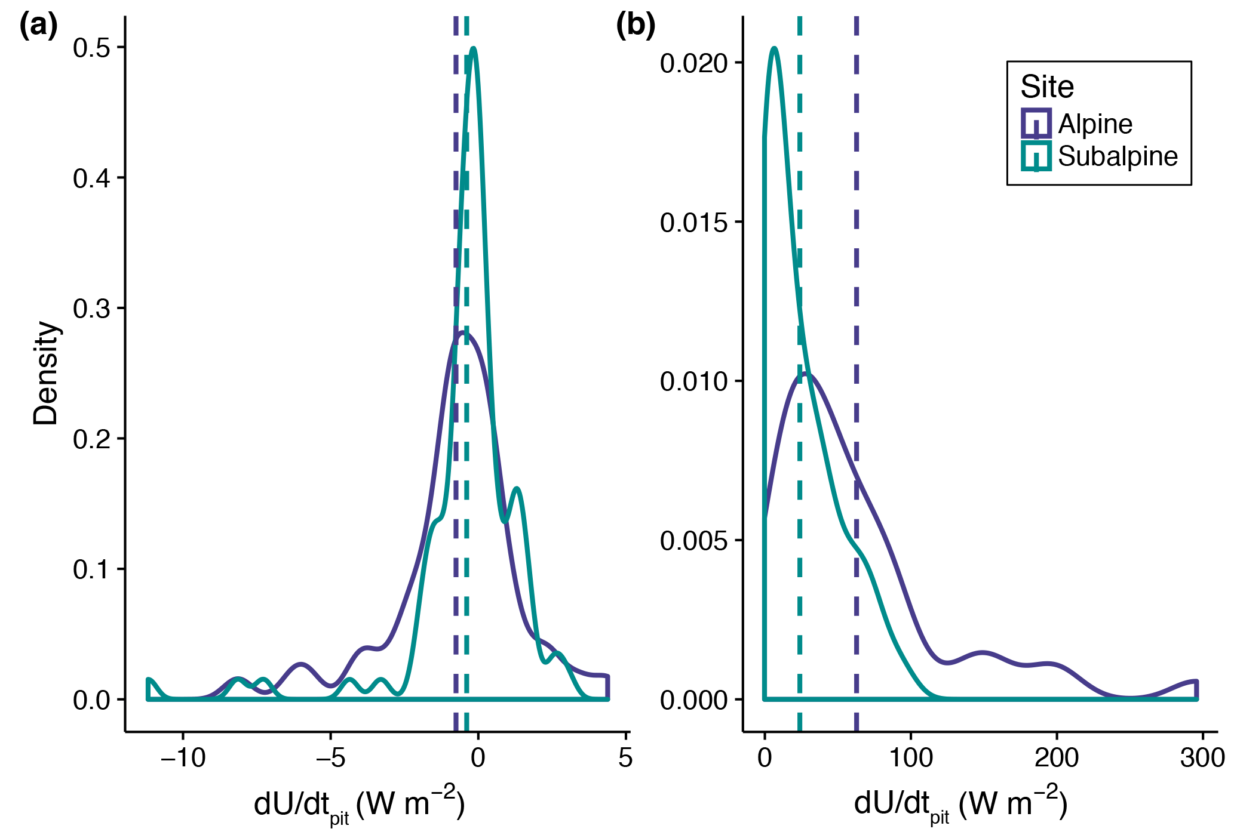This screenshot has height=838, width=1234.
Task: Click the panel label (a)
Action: [x=38, y=26]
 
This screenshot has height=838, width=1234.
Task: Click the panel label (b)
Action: [x=636, y=26]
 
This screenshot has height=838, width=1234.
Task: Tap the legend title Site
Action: [x=1047, y=87]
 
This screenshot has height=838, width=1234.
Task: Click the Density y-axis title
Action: [x=45, y=373]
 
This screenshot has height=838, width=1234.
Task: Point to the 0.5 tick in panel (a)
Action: [x=92, y=48]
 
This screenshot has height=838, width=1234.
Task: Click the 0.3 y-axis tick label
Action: [x=92, y=309]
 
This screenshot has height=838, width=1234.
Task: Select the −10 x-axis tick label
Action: [x=183, y=759]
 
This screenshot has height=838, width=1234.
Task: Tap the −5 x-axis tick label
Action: [x=330, y=759]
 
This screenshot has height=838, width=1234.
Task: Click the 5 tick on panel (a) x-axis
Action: [x=625, y=759]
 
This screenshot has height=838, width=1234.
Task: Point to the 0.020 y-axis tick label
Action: [x=694, y=63]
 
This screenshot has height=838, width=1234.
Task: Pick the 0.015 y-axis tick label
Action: [x=694, y=223]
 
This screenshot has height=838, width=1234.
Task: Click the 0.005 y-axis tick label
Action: [x=694, y=541]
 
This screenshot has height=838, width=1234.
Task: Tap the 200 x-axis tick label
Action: [x=1057, y=759]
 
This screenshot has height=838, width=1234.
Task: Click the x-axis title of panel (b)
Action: [x=960, y=805]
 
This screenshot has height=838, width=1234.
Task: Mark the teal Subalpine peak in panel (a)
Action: [x=474, y=49]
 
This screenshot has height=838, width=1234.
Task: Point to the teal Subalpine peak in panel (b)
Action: [x=775, y=48]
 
